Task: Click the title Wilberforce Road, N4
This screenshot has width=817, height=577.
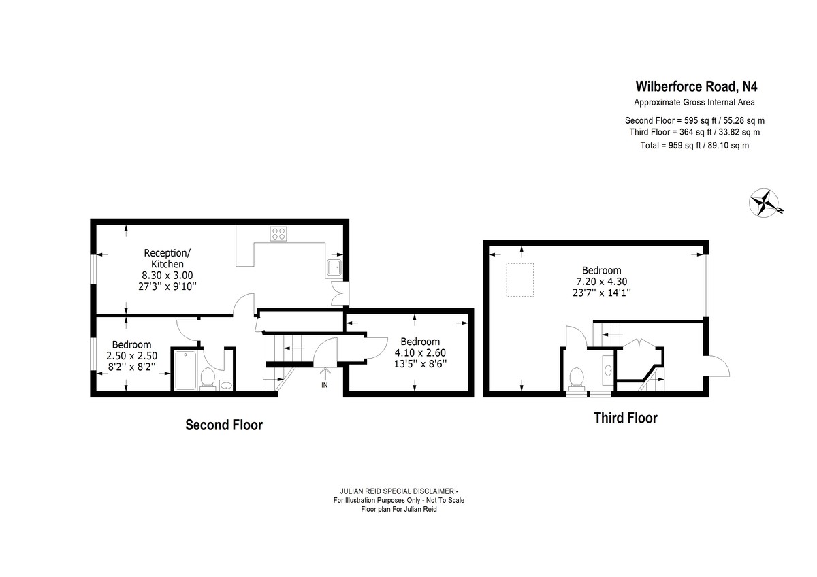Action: (x=696, y=86)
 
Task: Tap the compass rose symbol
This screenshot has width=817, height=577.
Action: (x=765, y=203)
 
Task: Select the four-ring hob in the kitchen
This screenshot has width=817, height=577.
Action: (x=278, y=233)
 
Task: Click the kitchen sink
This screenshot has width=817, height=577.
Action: (x=334, y=268)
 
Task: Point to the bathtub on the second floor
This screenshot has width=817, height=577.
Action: (x=185, y=370)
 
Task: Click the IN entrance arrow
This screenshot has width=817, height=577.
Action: (x=325, y=377)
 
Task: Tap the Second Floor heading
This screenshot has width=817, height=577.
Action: (x=224, y=425)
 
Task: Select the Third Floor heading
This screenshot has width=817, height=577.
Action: (x=626, y=418)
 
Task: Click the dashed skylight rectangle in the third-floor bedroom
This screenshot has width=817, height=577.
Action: (x=519, y=280)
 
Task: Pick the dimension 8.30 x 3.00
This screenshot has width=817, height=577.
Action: (x=167, y=275)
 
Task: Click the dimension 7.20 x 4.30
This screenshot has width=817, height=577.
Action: (x=601, y=282)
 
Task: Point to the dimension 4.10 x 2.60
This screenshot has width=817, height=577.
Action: (x=420, y=352)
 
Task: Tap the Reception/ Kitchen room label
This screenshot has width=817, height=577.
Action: (x=167, y=259)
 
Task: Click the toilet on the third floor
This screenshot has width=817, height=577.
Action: (x=577, y=378)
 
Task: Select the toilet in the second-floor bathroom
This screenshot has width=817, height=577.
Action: (x=208, y=378)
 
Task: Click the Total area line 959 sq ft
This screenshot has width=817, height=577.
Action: (x=694, y=146)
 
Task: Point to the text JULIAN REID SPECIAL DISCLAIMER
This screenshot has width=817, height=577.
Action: (x=399, y=491)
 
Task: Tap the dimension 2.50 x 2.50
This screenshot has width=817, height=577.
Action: (x=131, y=355)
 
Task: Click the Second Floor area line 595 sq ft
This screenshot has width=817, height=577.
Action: (x=694, y=120)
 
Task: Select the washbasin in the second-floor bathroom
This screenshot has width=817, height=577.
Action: (x=226, y=385)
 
